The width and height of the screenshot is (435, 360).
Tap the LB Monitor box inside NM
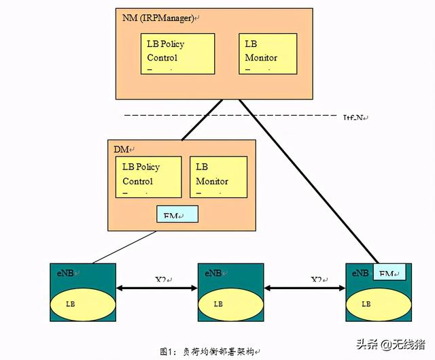point(267,53)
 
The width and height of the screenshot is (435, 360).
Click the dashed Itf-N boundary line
point(170,116)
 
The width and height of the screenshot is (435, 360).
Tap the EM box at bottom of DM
point(177,214)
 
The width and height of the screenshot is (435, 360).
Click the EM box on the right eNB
point(389,272)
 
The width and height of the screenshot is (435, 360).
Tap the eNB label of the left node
point(67,273)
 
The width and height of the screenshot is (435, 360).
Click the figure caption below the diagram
point(210,351)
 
